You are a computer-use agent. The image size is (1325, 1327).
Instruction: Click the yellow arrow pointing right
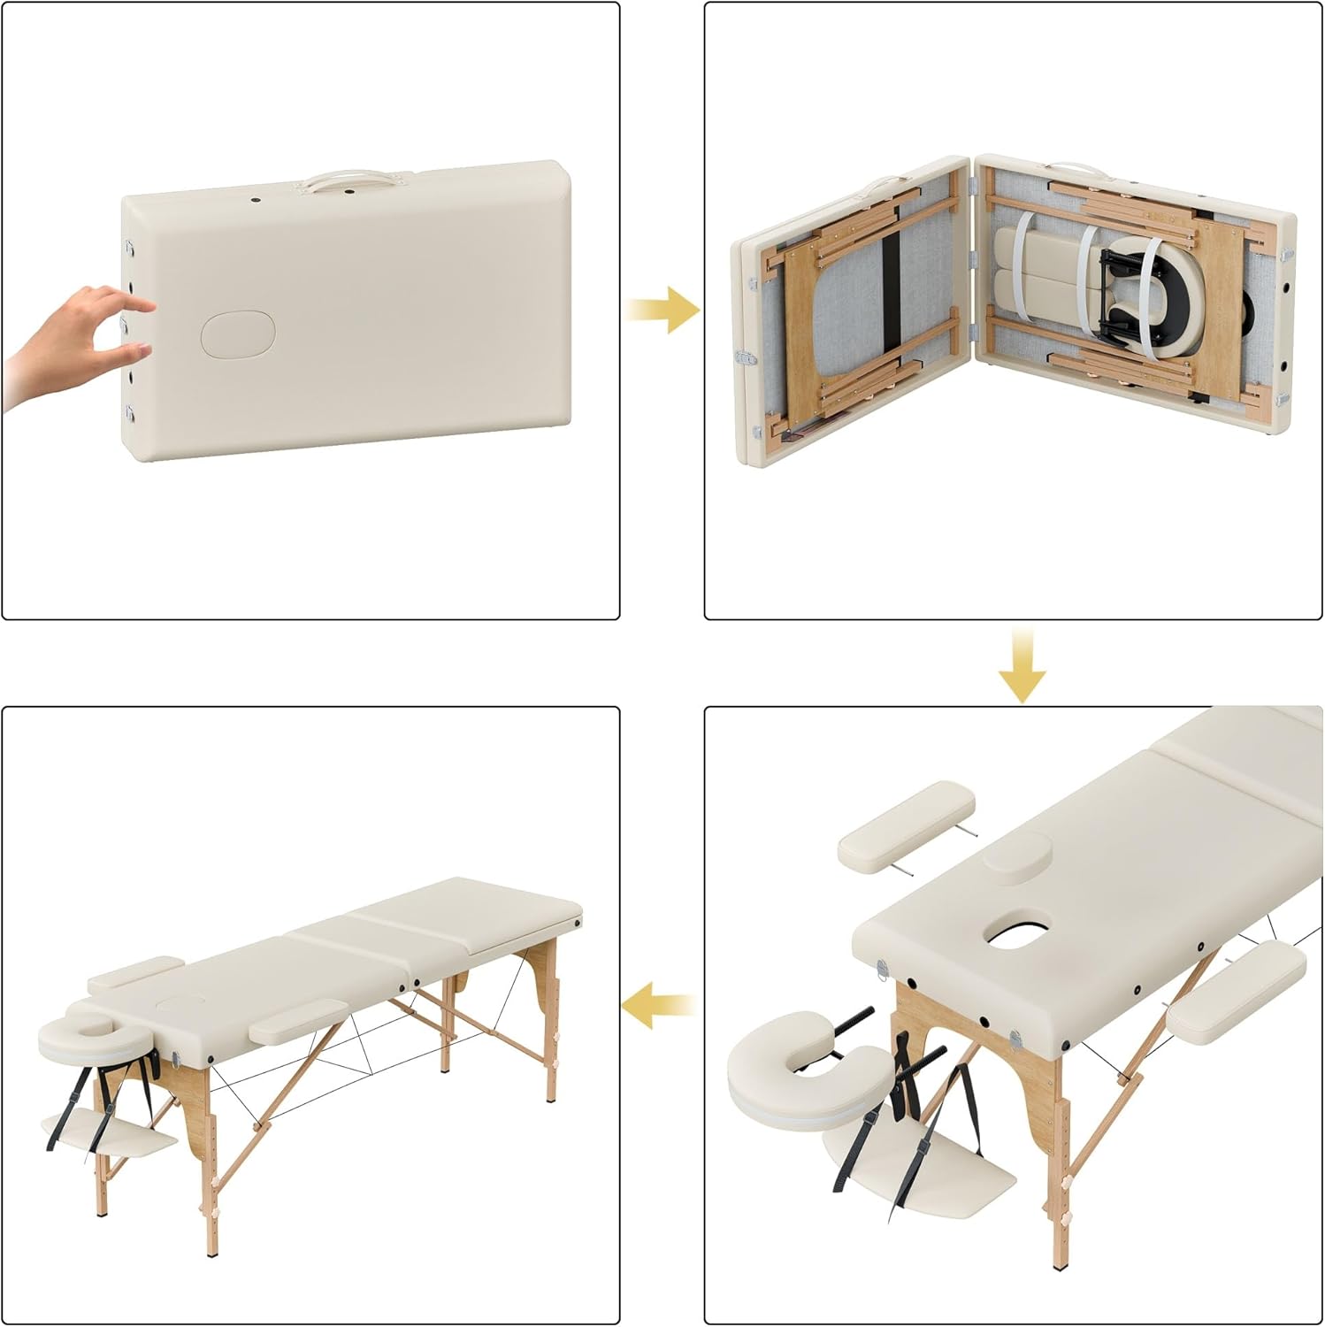tap(663, 309)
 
